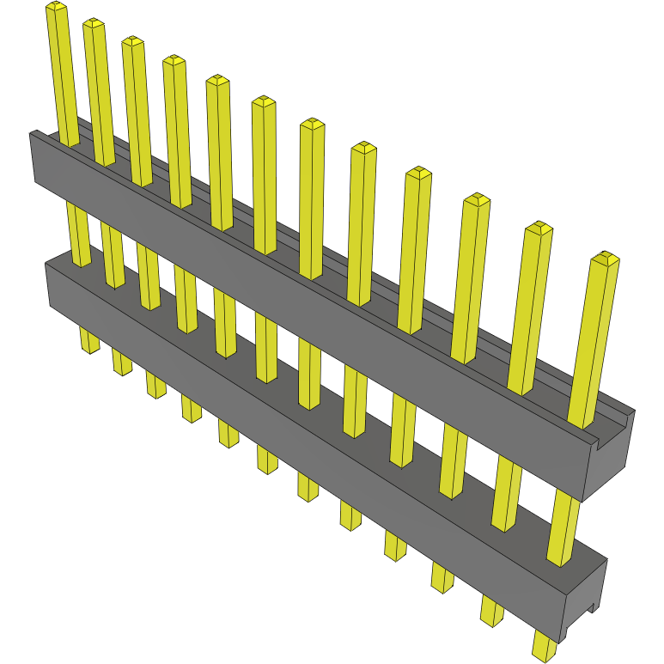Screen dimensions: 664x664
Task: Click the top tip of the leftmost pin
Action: (56, 8)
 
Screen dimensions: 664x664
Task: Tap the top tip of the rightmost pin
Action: (606, 258)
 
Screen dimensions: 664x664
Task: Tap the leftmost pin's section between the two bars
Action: (77, 232)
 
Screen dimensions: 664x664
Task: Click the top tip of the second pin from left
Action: (94, 24)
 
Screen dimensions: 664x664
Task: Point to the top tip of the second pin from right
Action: (539, 228)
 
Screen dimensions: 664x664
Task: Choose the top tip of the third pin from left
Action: (132, 41)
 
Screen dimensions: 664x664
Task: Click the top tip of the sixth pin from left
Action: (264, 102)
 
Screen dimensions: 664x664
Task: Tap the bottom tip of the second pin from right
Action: (491, 615)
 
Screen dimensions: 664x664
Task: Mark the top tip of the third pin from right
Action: (476, 200)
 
